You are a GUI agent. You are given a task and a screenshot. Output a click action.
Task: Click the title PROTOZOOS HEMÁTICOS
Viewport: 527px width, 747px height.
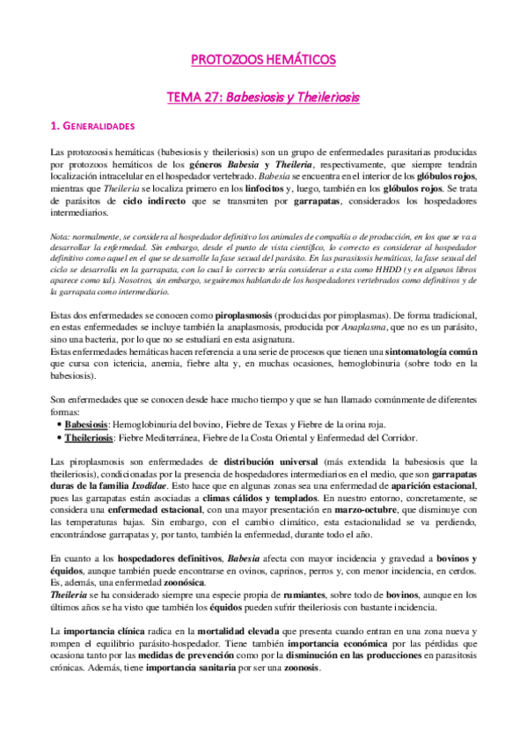pyautogui.click(x=263, y=60)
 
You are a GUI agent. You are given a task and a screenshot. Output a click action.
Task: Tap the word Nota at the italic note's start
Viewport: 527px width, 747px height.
pyautogui.click(x=61, y=234)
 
